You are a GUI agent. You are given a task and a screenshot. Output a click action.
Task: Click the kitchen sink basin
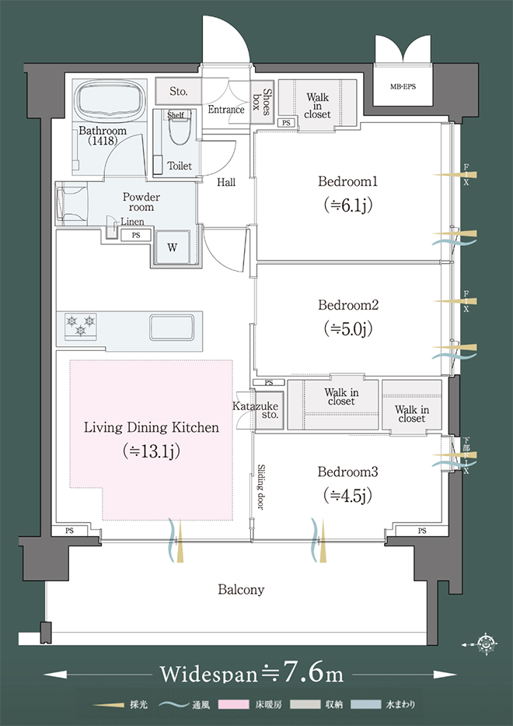pyautogui.click(x=172, y=328)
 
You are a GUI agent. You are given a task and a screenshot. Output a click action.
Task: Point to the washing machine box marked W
pyautogui.click(x=172, y=247)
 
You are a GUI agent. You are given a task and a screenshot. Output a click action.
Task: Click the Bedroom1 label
pyautogui.click(x=347, y=181)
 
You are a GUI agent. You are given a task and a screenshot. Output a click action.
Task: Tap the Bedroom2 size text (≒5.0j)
pyautogui.click(x=348, y=328)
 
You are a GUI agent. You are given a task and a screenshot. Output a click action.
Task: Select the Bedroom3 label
pyautogui.click(x=347, y=472)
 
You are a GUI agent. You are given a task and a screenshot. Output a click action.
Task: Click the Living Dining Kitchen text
pyautogui.click(x=152, y=427)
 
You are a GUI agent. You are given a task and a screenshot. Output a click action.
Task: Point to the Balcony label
pyautogui.click(x=241, y=590)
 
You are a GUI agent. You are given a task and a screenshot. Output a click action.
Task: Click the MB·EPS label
pyautogui.click(x=403, y=86)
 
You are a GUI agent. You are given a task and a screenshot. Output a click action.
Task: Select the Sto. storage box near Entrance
pyautogui.click(x=179, y=91)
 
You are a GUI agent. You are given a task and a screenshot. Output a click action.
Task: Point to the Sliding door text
pyautogui.click(x=261, y=487)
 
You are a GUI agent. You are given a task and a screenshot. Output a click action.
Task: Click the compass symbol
pyautogui.click(x=486, y=643)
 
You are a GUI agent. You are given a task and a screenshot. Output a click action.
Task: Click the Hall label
pyautogui.click(x=226, y=182)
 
